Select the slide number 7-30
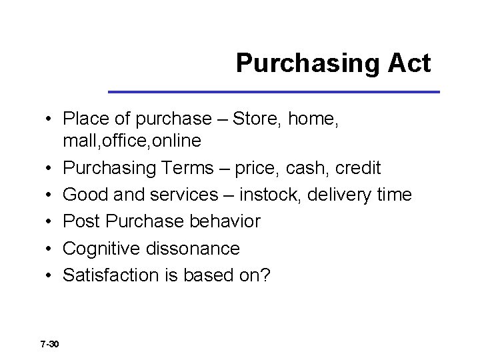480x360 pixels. pos(49,344)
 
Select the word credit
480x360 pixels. pos(357,167)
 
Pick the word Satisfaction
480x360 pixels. pos(108,275)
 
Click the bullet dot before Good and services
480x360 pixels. pos(49,195)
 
